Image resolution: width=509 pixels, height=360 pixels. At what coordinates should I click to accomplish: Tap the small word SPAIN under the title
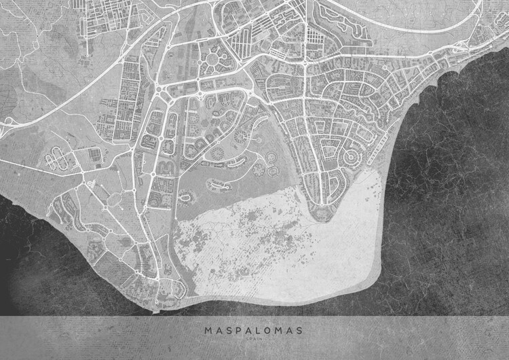click(x=254, y=340)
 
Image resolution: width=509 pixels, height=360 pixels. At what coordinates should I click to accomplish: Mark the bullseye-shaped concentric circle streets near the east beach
click(x=351, y=157)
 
